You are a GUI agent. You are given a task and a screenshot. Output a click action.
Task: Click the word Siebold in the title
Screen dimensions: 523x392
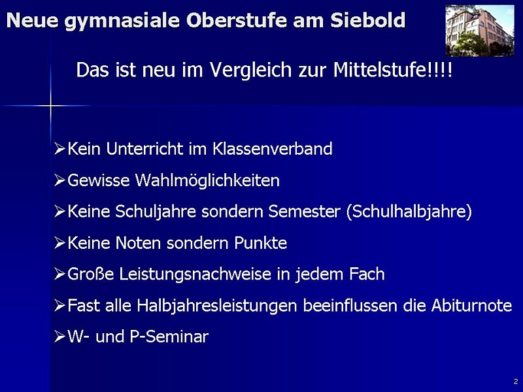368,20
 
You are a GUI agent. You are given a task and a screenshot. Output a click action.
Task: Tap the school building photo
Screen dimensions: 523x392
480,30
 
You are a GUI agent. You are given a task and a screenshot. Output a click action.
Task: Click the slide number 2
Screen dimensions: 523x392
516,381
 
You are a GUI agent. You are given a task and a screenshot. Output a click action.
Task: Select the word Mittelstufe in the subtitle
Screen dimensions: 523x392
380,70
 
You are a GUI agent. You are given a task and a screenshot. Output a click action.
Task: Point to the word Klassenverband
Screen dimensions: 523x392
273,149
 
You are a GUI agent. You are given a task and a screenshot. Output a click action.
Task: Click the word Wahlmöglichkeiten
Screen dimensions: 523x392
207,181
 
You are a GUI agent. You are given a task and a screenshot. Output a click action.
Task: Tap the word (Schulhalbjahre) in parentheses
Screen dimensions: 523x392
409,212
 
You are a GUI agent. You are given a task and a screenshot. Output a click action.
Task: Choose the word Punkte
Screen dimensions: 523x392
260,242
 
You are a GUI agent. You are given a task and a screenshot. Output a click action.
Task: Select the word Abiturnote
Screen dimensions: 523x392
471,305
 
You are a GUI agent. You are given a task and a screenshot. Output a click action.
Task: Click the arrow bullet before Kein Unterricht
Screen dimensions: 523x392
59,149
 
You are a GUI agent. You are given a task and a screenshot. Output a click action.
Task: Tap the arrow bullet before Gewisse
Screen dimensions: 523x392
59,180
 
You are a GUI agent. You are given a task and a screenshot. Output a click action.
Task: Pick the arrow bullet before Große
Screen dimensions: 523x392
59,274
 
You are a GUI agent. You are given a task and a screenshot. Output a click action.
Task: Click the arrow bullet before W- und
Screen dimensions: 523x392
59,336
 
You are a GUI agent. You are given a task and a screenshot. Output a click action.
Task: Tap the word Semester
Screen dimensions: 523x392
304,212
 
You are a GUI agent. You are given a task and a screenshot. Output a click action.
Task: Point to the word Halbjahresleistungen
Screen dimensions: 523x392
217,306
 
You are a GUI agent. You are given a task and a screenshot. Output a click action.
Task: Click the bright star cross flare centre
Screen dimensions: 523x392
51,106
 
